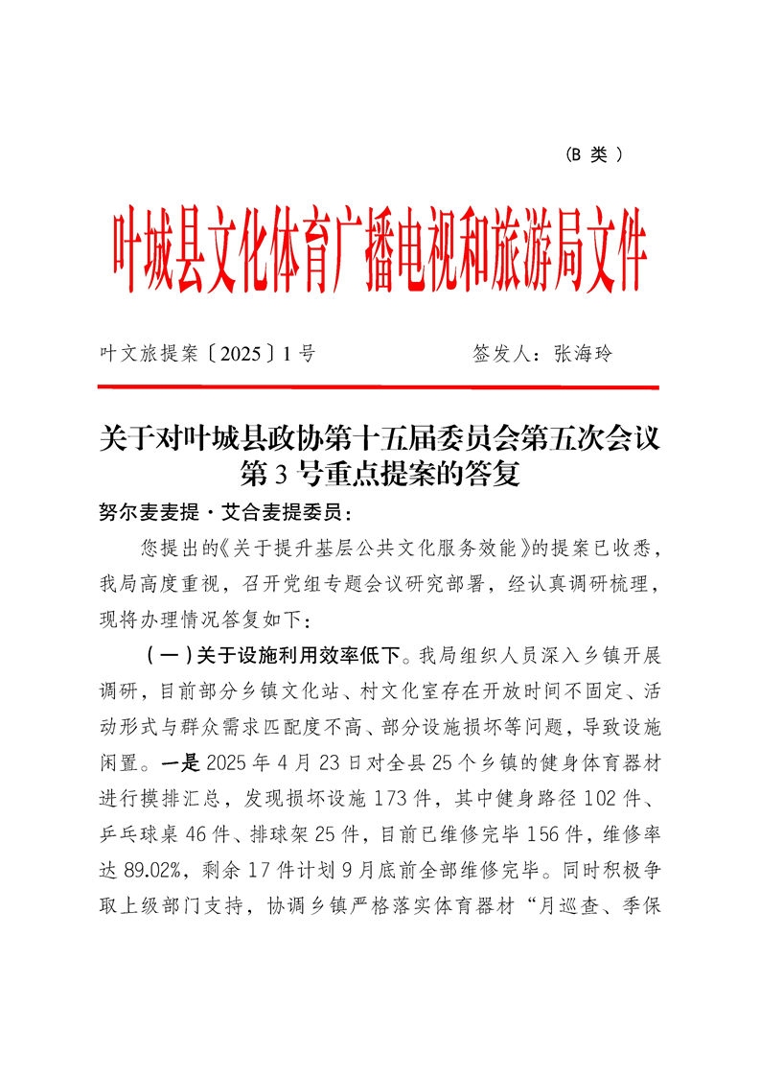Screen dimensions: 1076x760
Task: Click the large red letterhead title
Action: point(380,251)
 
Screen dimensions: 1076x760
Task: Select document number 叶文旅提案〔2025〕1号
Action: point(207,354)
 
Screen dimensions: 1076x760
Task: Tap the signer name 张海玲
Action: point(582,354)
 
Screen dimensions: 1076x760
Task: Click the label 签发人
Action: point(504,354)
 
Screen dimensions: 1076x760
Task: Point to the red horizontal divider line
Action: point(380,387)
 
